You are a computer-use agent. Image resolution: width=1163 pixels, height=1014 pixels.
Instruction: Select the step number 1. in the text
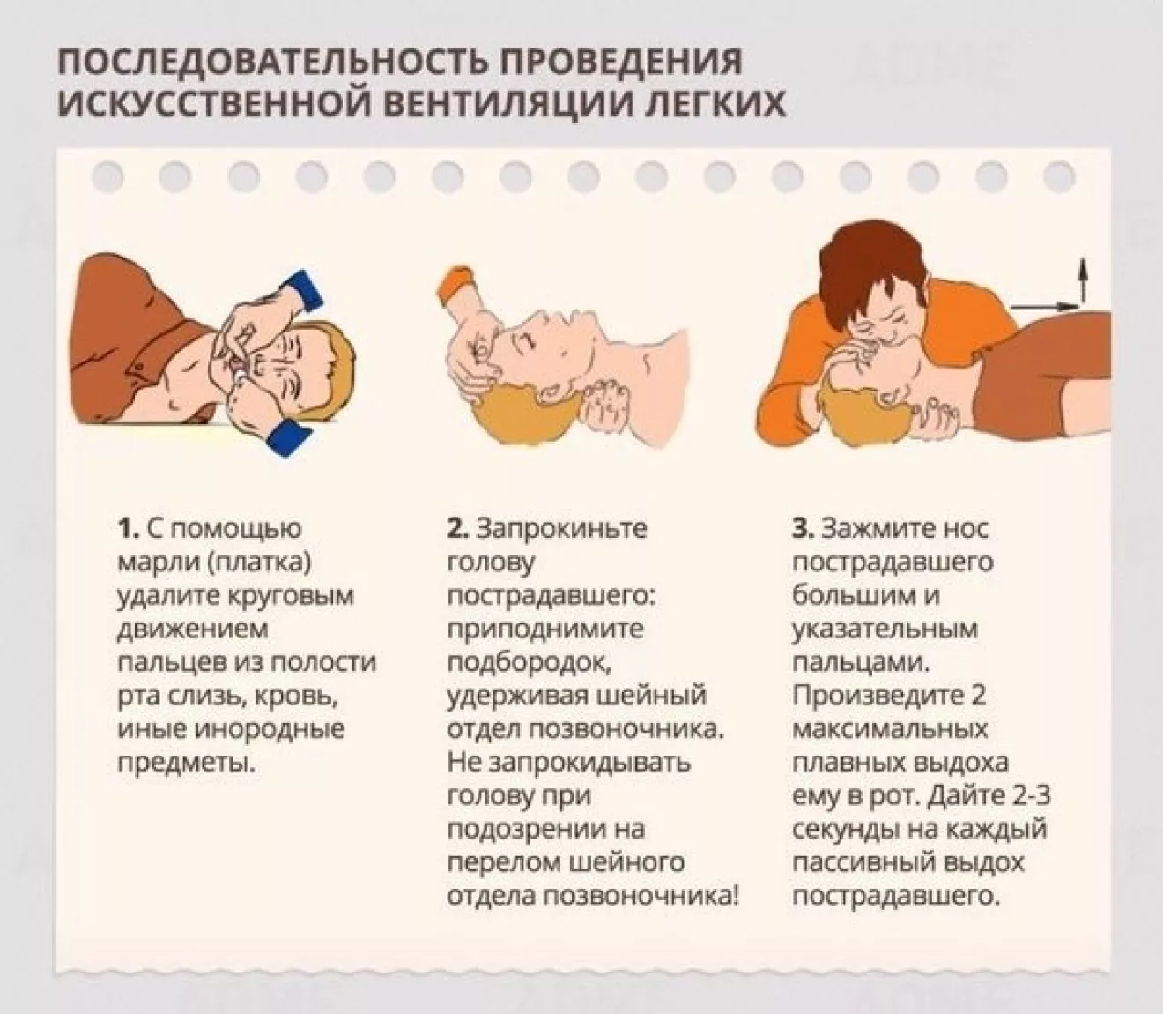tap(129, 529)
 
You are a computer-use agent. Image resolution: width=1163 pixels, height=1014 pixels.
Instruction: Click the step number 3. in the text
tap(804, 529)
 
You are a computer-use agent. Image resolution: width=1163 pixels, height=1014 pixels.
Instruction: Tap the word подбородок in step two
tap(528, 663)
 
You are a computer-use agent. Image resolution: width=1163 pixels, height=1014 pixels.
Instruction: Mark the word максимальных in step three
tap(890, 730)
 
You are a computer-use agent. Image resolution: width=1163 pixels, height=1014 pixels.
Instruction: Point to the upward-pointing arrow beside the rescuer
tap(1084, 280)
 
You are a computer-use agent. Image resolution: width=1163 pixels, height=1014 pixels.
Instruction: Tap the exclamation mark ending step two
tap(736, 896)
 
